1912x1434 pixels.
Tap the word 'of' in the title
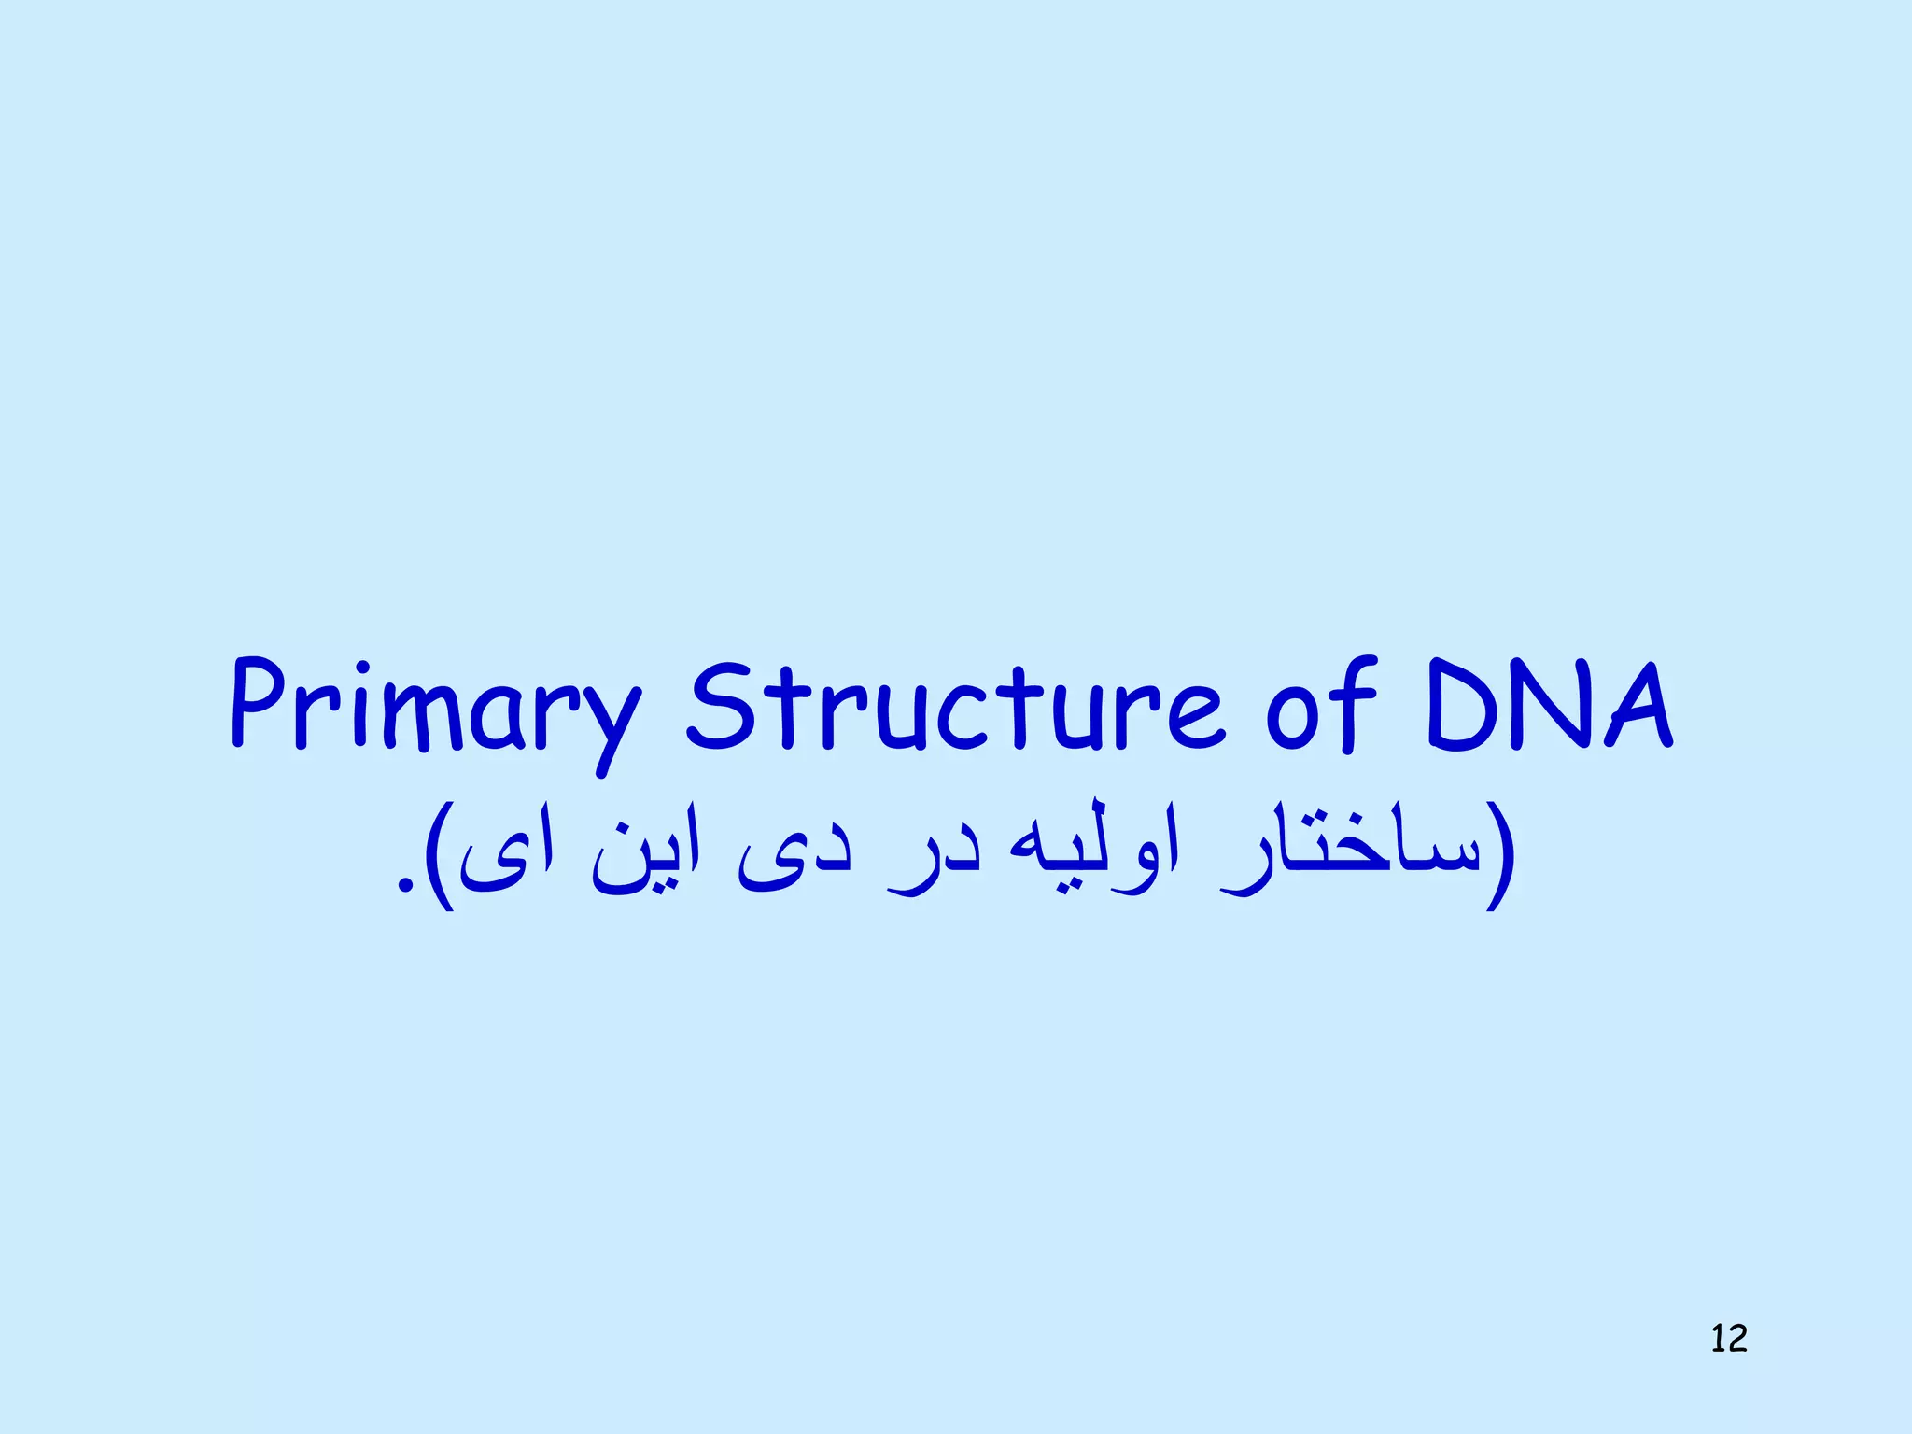click(x=1321, y=706)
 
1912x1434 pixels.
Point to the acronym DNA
click(x=1551, y=706)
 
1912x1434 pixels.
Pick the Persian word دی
click(x=794, y=859)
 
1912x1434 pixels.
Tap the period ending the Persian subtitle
click(x=404, y=882)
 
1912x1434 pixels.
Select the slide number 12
click(x=1728, y=1339)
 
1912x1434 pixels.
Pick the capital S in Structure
click(x=720, y=706)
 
